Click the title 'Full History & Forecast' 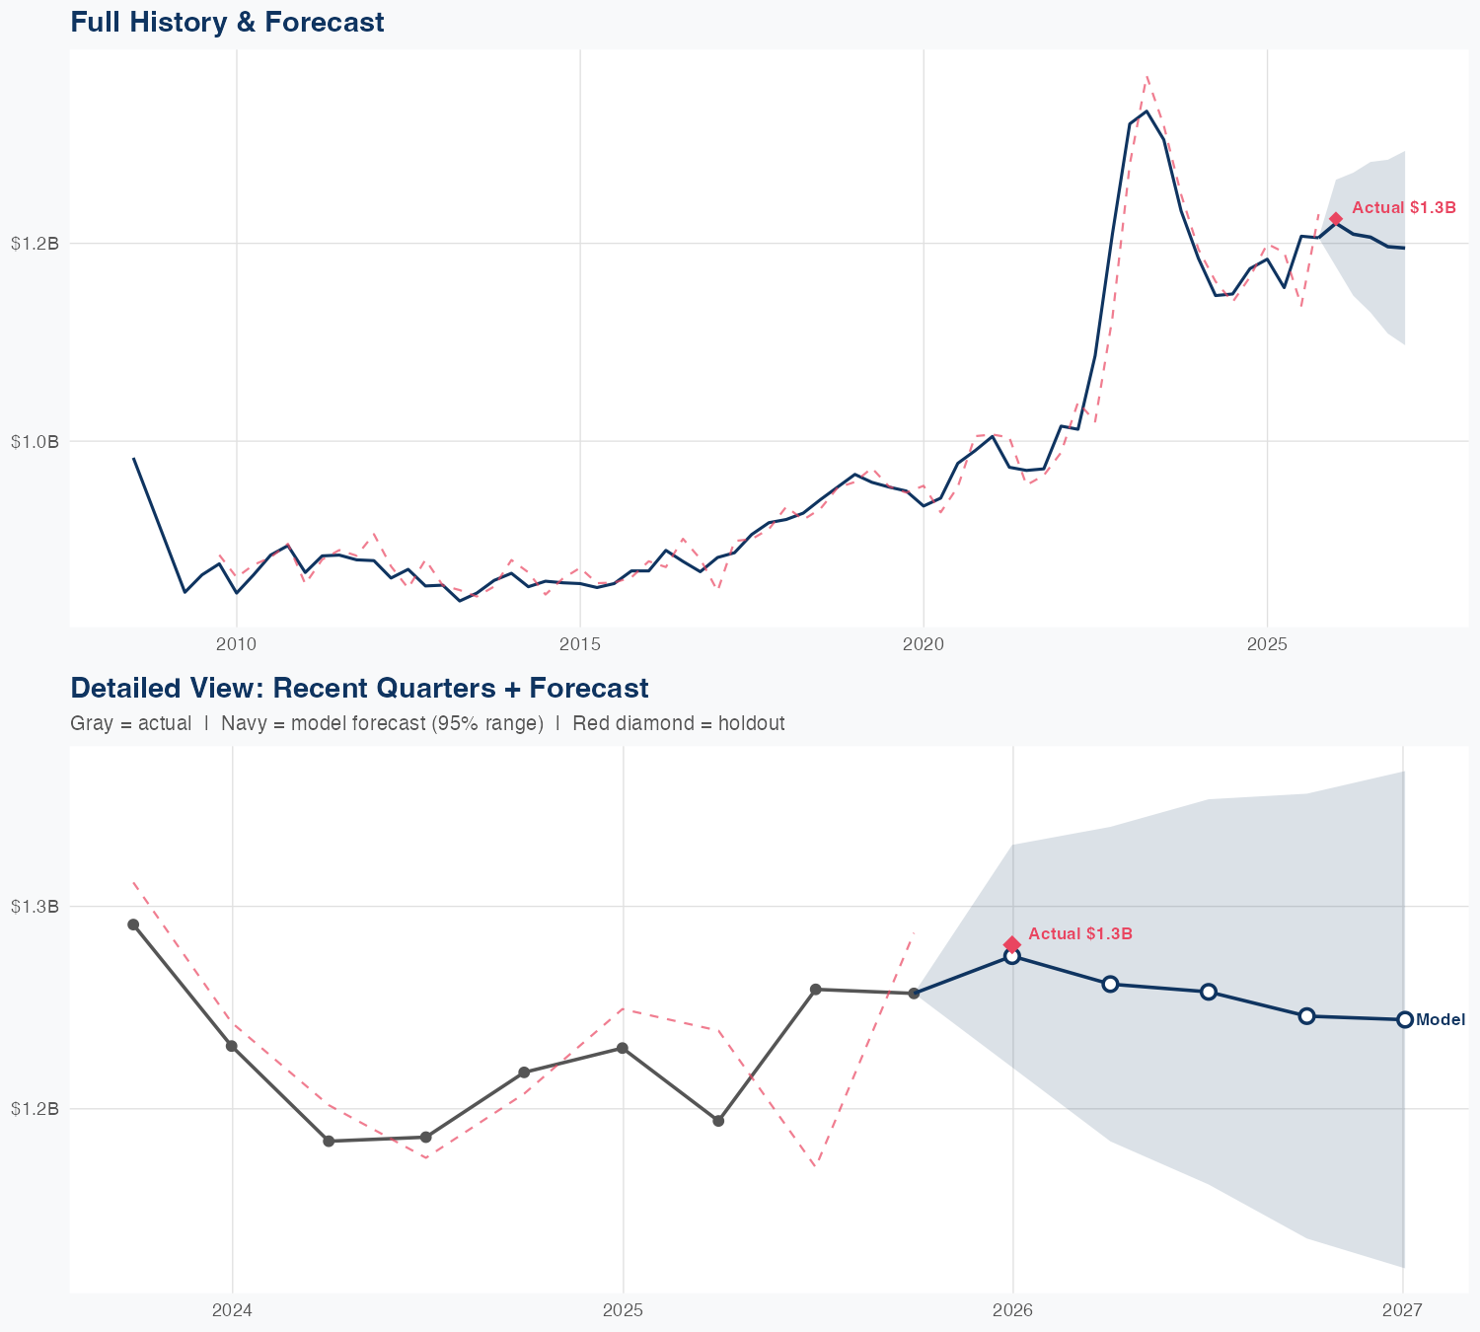point(227,22)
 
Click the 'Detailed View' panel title point(359,688)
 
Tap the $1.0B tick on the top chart point(35,442)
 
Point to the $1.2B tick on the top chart point(35,243)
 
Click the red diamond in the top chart point(1335,219)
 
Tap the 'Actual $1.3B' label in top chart point(1403,207)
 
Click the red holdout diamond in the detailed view point(1011,945)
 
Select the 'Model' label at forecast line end point(1441,1020)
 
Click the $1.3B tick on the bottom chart point(35,907)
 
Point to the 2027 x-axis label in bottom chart point(1402,1311)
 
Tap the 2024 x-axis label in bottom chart point(232,1311)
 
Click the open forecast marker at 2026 point(1011,956)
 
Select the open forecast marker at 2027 point(1404,1019)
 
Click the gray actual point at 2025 point(622,1048)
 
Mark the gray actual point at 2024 point(232,1046)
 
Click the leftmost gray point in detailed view point(133,925)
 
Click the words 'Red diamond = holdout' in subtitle point(678,723)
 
